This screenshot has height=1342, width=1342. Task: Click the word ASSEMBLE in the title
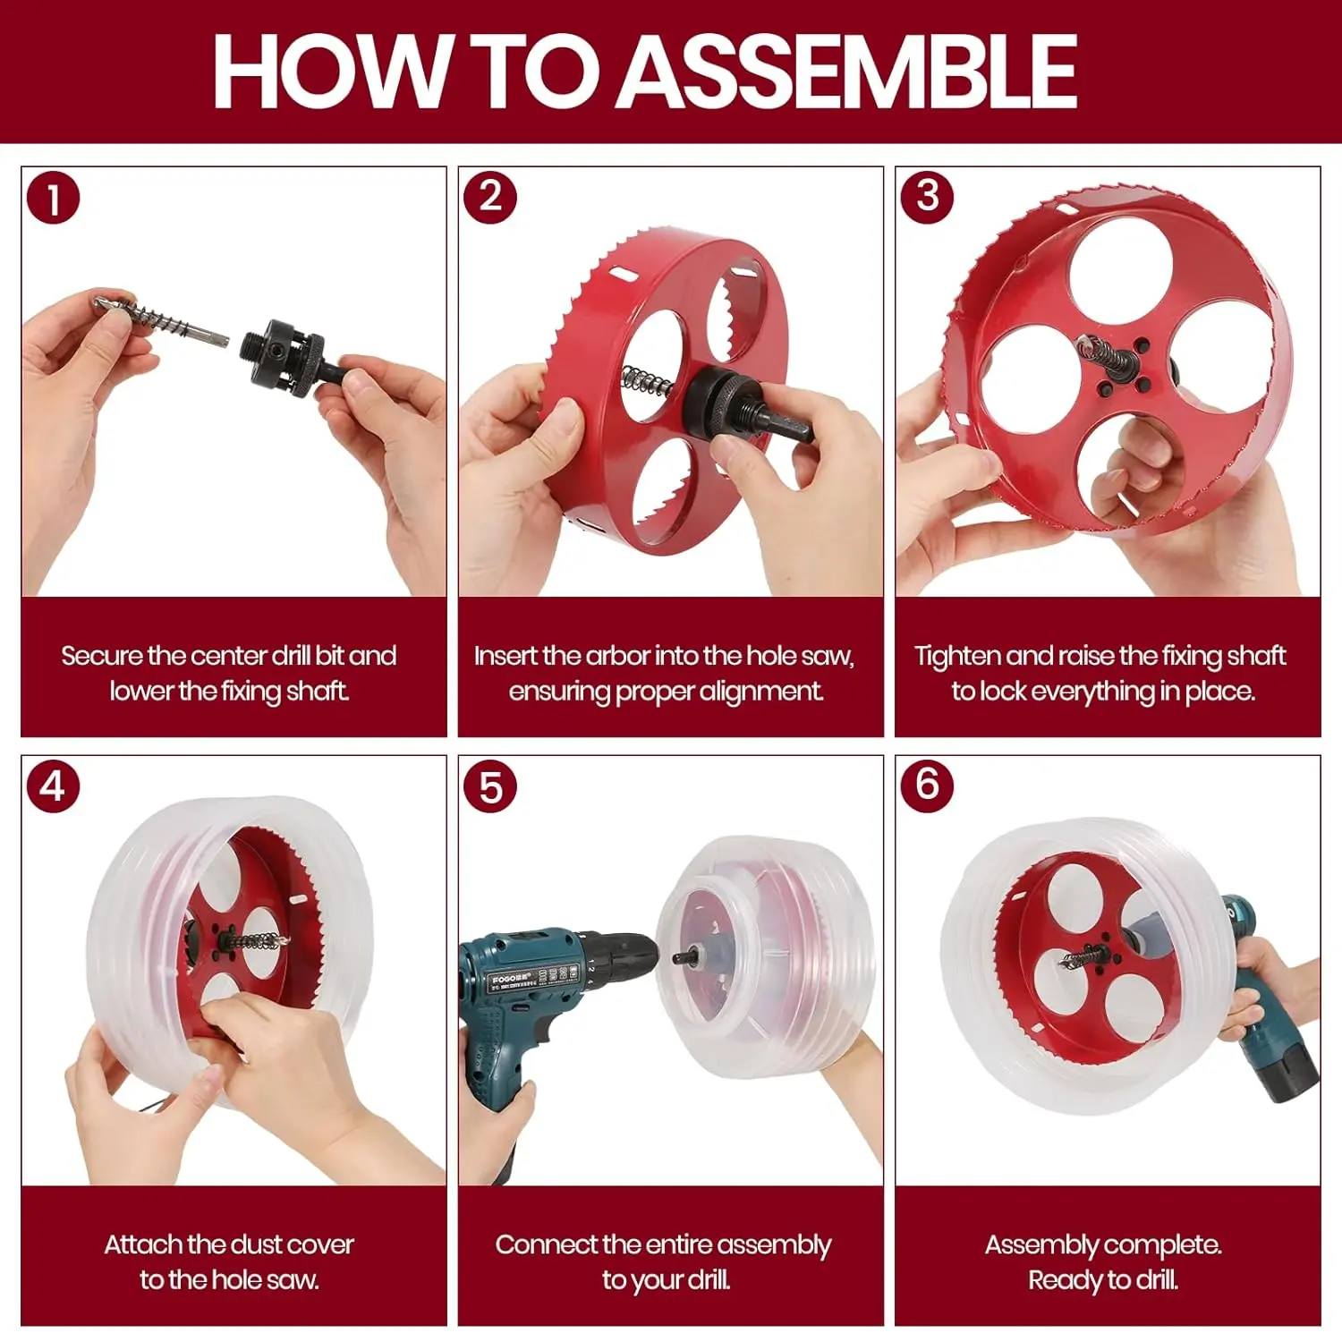coord(848,71)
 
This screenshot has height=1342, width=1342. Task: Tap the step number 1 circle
coord(54,198)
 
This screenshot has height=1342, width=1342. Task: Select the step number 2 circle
coord(490,197)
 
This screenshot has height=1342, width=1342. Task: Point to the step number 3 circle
coord(928,196)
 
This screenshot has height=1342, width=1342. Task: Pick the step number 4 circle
coord(54,786)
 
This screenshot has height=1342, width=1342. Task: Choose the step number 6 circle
coord(928,785)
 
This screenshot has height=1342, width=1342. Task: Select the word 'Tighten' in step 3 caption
coord(956,657)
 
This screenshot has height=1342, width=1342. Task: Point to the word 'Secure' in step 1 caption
coord(101,656)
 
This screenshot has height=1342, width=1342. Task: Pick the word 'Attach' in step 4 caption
coord(143,1244)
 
